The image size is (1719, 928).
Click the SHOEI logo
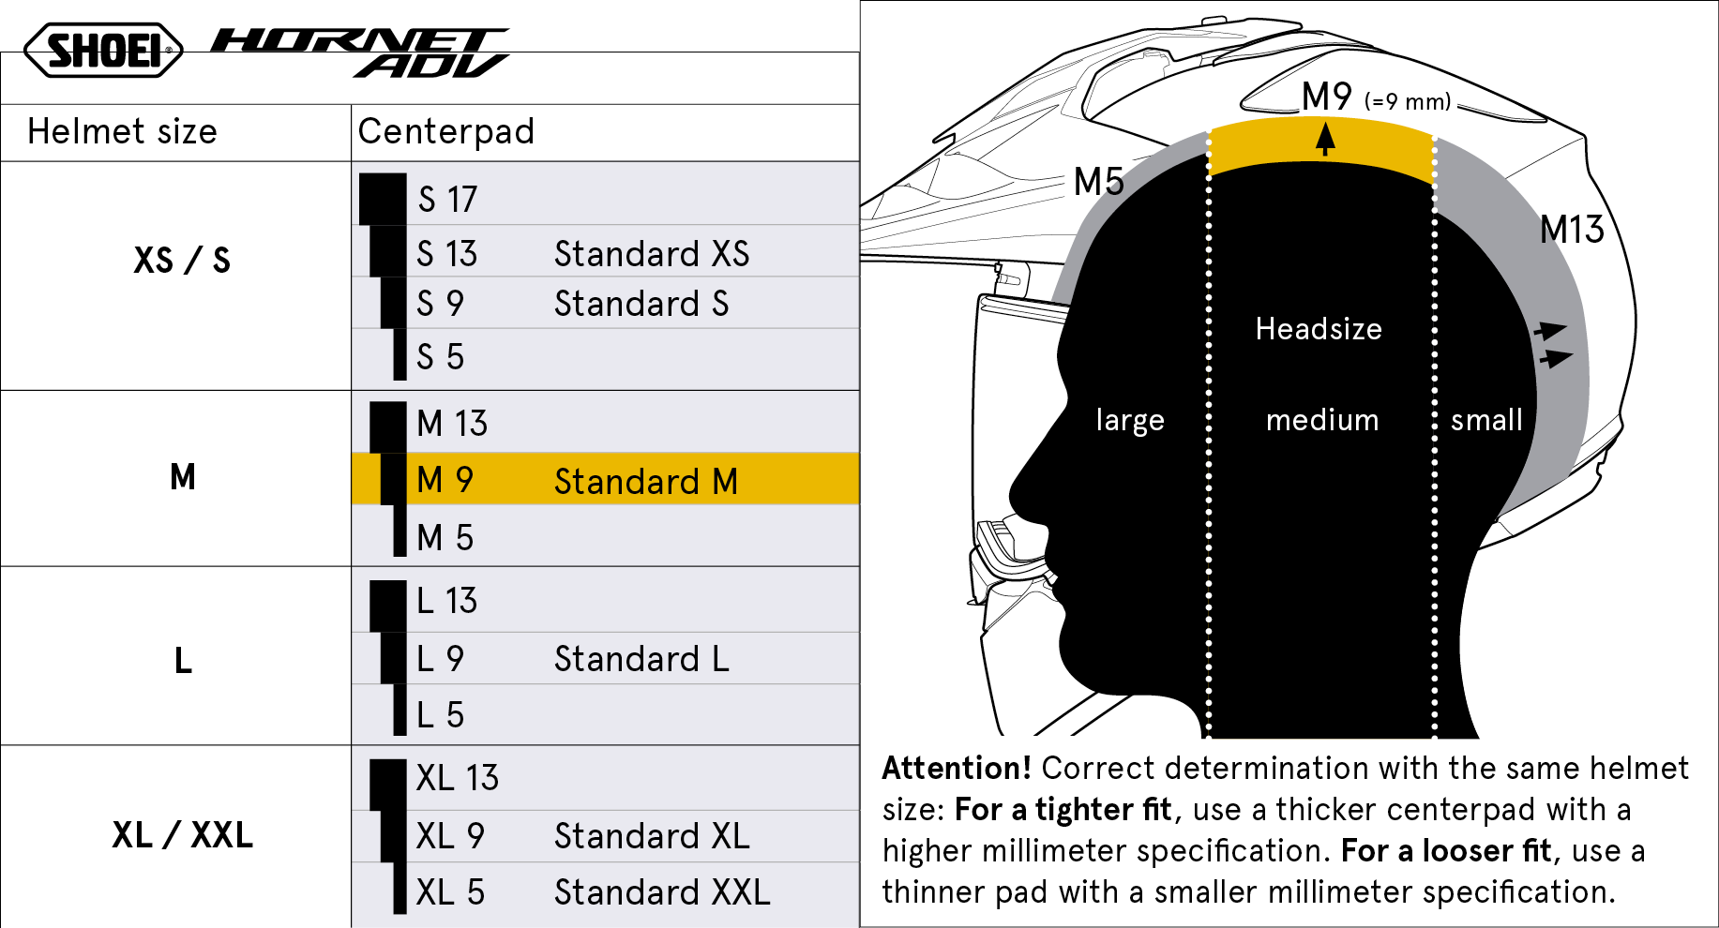[x=103, y=50]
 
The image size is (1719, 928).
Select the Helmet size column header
[x=122, y=132]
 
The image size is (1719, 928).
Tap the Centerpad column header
[x=445, y=132]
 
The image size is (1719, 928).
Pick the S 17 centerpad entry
[x=447, y=200]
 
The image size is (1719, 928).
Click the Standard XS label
[x=652, y=254]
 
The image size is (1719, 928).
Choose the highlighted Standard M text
[x=646, y=482]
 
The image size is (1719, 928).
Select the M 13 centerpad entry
[x=452, y=424]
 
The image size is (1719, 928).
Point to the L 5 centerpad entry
[x=440, y=715]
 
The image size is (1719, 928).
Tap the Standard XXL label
[x=662, y=892]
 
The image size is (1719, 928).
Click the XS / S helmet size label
[x=182, y=261]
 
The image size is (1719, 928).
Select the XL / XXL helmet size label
[x=183, y=835]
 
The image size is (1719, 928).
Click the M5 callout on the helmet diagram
[x=1098, y=182]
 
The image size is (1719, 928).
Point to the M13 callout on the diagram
[x=1572, y=230]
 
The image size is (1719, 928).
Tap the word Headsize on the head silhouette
[x=1319, y=329]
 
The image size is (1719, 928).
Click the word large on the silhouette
[x=1130, y=420]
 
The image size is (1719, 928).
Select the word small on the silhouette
[x=1486, y=420]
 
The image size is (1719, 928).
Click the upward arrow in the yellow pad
[x=1325, y=140]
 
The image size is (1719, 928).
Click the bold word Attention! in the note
[x=957, y=769]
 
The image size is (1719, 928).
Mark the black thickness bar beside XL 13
[x=387, y=785]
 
